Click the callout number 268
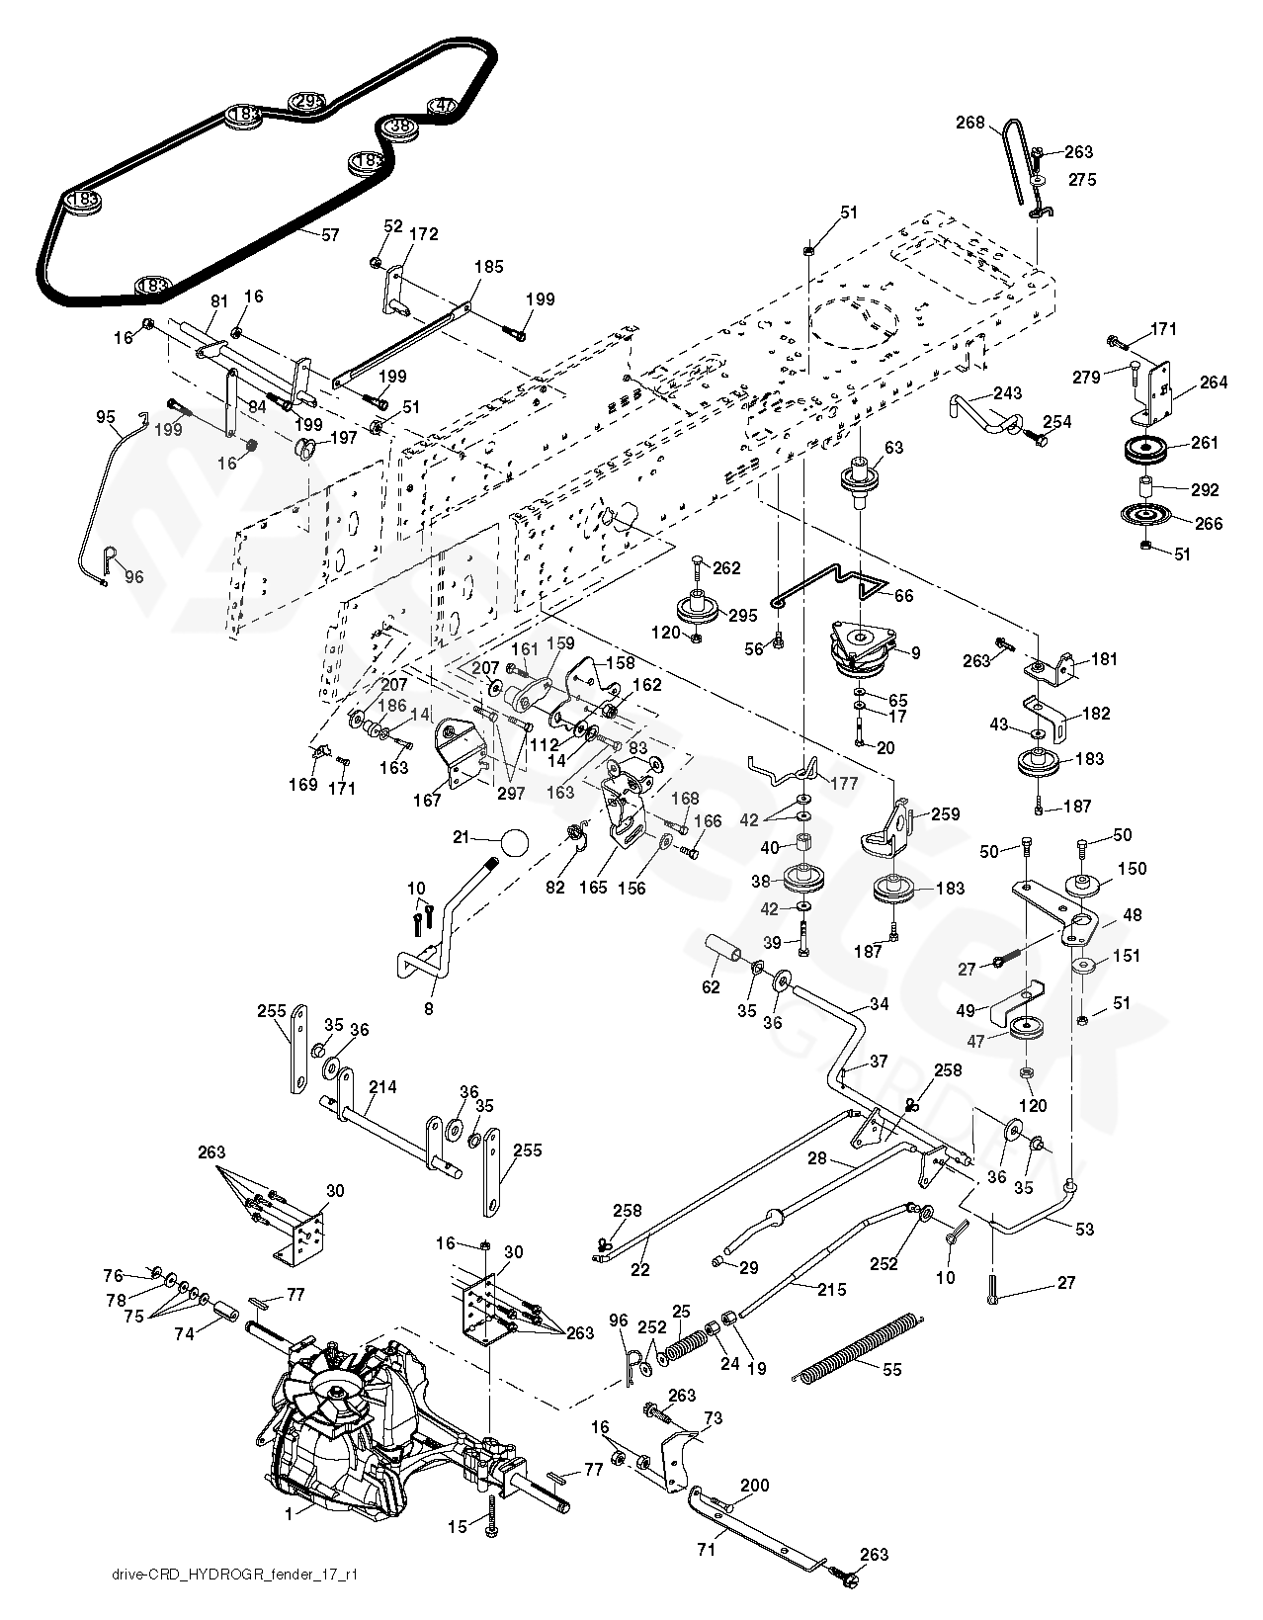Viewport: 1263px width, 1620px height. pyautogui.click(x=969, y=123)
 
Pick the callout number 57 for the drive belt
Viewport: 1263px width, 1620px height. pyautogui.click(x=329, y=235)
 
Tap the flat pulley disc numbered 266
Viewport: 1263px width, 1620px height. pyautogui.click(x=1145, y=516)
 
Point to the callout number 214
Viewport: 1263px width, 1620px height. pyautogui.click(x=382, y=1087)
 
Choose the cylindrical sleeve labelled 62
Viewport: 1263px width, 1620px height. pyautogui.click(x=725, y=950)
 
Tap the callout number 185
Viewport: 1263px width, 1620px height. pyautogui.click(x=488, y=267)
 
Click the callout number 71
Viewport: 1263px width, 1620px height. pyautogui.click(x=706, y=1550)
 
